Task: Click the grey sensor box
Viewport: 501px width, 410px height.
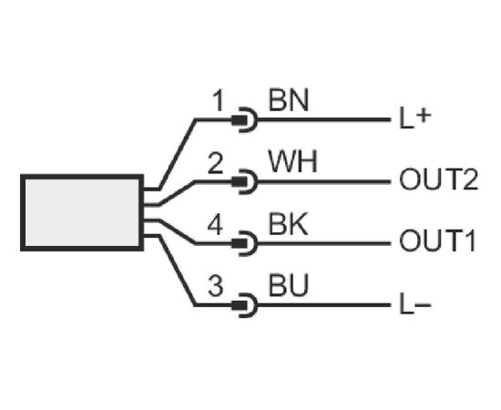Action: click(x=82, y=212)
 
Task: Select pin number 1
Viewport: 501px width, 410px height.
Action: click(x=219, y=100)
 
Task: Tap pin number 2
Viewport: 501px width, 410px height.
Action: click(x=215, y=163)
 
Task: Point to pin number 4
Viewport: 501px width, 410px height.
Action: click(x=215, y=225)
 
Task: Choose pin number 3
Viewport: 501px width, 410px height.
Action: click(x=215, y=285)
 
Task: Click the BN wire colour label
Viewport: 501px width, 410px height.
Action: click(x=289, y=100)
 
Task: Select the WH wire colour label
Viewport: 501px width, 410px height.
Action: click(x=293, y=161)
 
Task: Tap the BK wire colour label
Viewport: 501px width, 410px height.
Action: click(x=288, y=224)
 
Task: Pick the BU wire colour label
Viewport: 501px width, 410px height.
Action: click(x=289, y=285)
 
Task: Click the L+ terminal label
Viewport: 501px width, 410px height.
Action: click(x=415, y=118)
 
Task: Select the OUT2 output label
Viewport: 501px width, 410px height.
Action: click(x=439, y=179)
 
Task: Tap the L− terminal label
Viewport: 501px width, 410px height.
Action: click(x=415, y=305)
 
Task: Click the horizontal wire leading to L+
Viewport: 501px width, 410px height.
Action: click(x=323, y=120)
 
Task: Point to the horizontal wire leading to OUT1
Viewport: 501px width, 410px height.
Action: click(x=323, y=244)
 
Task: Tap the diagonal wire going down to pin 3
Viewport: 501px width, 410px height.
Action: click(x=178, y=271)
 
